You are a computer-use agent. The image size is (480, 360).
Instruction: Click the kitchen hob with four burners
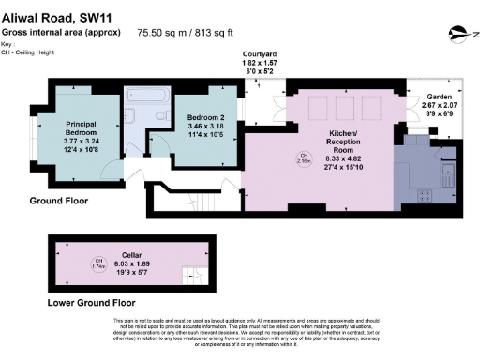pyautogui.click(x=424, y=195)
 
